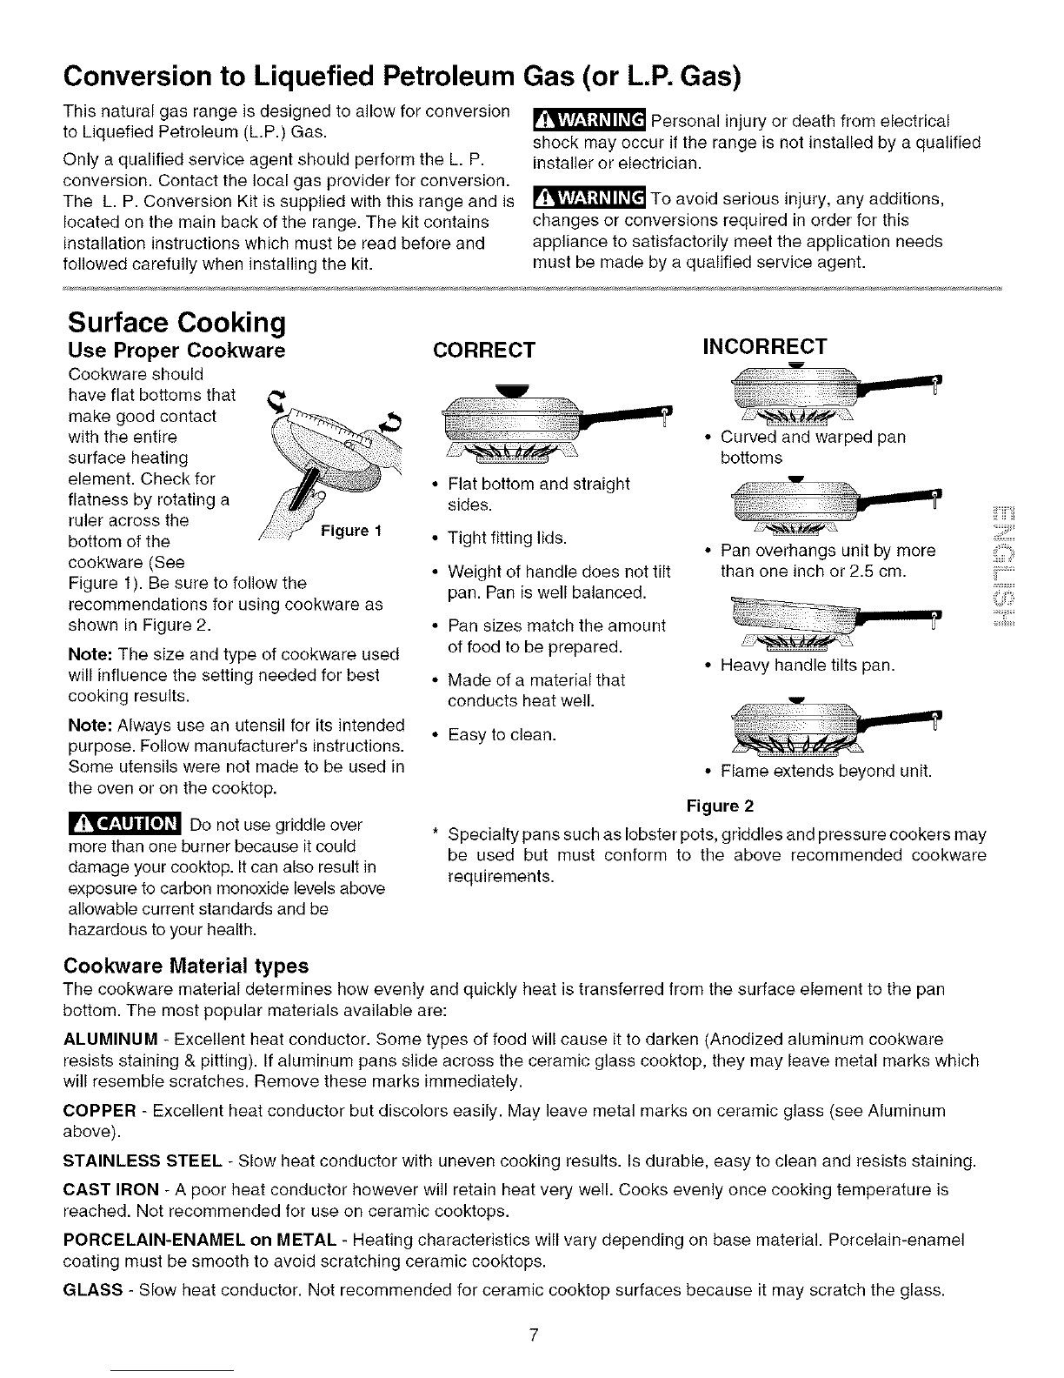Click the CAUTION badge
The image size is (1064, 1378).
(x=125, y=824)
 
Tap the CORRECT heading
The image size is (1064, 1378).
(x=484, y=350)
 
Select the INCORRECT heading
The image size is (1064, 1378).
(x=765, y=346)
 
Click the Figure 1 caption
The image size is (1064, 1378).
(x=351, y=531)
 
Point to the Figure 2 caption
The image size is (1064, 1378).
(x=721, y=806)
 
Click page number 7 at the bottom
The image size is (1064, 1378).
(x=534, y=1335)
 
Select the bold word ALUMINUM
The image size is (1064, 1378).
(x=110, y=1040)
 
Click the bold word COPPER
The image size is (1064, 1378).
(x=99, y=1110)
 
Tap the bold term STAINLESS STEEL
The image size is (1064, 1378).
(x=143, y=1161)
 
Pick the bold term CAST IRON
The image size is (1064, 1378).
(x=111, y=1190)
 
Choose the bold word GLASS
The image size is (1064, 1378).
(x=92, y=1290)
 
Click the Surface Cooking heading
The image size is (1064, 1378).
(x=176, y=322)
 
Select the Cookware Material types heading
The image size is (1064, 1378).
(x=186, y=965)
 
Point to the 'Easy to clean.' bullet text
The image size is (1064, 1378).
(x=502, y=735)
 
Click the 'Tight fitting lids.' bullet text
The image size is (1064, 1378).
(x=507, y=538)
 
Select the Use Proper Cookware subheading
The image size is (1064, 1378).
(x=176, y=350)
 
